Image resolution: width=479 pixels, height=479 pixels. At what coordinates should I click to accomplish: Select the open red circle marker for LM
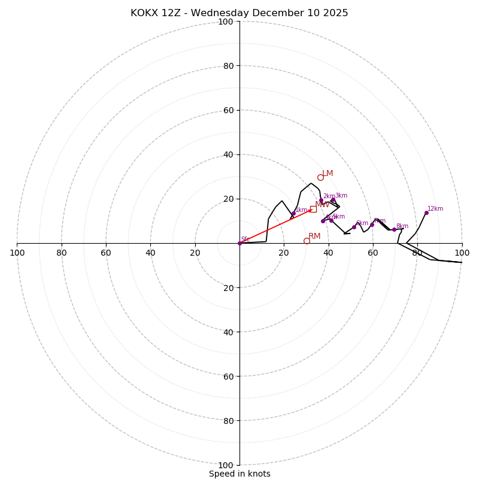pos(320,177)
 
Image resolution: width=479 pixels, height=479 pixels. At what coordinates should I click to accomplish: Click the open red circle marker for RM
pos(307,241)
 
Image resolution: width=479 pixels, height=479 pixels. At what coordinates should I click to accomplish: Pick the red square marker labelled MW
pos(313,209)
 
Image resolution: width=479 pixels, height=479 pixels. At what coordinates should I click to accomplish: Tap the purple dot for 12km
pos(426,213)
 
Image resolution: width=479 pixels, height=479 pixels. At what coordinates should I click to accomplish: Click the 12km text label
pos(435,208)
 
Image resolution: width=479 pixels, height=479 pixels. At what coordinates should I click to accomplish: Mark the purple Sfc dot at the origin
pos(239,243)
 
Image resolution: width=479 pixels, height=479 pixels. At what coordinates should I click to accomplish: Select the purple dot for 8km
pos(394,229)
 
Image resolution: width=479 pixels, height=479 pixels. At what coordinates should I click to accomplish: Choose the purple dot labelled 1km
pos(293,214)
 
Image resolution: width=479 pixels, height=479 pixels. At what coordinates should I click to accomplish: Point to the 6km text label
pos(362,223)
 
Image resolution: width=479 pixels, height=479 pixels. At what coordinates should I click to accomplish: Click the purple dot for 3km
pos(333,200)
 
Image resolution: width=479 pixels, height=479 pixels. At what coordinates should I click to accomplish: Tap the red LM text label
pos(328,174)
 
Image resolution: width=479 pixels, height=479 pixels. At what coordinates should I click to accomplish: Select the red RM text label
pos(314,237)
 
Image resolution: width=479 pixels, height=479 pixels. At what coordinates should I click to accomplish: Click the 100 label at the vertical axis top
pos(226,22)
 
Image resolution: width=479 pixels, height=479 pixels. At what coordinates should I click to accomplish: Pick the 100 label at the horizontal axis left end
pos(17,253)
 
